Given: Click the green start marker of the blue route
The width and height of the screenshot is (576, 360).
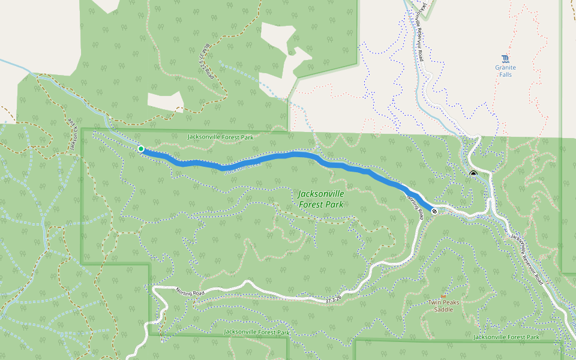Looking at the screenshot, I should tap(140, 149).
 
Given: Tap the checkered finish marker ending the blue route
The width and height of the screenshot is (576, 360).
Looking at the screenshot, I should tap(434, 211).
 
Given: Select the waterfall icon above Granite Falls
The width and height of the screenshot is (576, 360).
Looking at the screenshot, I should tap(505, 59).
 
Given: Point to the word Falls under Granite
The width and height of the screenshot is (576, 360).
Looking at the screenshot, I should tap(505, 75).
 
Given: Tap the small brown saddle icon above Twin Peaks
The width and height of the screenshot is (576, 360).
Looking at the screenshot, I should tap(443, 296).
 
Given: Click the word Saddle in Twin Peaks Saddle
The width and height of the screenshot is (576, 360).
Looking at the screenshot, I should tap(444, 310).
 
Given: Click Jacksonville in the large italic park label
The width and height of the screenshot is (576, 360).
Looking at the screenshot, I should tap(321, 194).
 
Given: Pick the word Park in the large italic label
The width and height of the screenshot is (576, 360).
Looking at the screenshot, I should tap(334, 205).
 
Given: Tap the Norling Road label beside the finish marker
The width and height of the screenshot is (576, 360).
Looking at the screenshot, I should tap(415, 207).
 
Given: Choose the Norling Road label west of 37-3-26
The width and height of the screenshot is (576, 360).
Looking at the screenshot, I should tap(190, 293).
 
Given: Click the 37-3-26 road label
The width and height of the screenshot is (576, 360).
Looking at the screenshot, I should tap(334, 299).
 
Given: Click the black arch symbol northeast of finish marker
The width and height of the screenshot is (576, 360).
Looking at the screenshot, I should tap(473, 174).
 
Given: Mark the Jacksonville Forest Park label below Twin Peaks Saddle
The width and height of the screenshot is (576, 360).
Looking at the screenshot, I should tap(506, 337).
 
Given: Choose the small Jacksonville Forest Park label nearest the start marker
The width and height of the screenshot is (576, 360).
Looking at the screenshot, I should tap(220, 137).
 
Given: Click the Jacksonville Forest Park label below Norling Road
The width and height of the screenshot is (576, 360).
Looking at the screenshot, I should tap(256, 332).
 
